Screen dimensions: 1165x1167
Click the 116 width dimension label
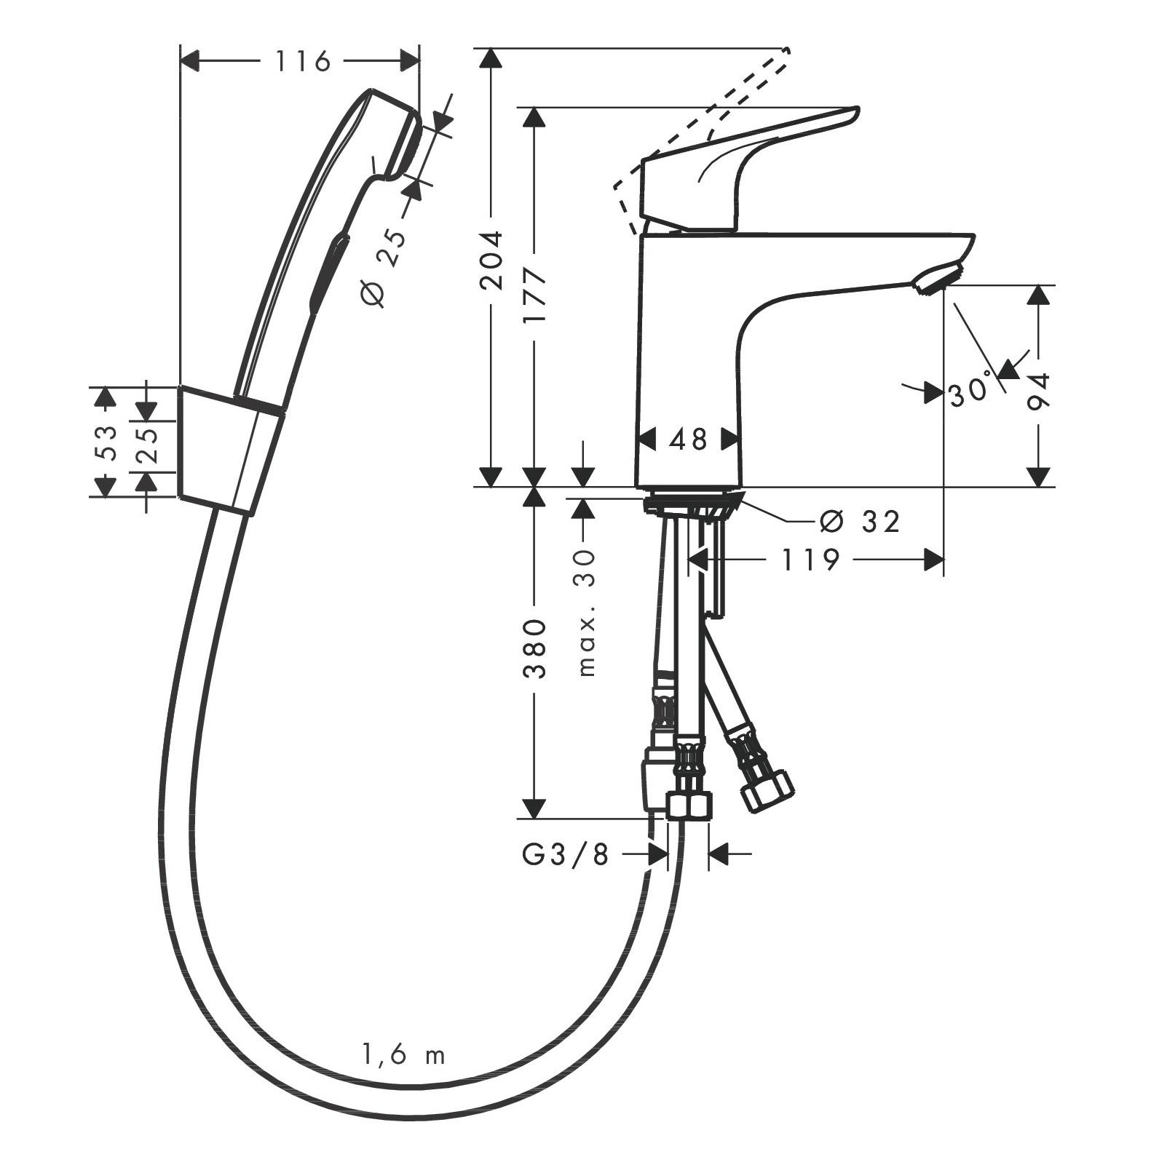click(x=302, y=62)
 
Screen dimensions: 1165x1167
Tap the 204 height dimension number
click(x=492, y=260)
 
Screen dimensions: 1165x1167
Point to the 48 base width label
click(x=689, y=439)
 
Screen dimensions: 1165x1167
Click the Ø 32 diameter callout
click(x=859, y=521)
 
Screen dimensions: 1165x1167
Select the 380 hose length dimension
click(x=535, y=648)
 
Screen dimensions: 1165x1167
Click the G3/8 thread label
click(x=565, y=855)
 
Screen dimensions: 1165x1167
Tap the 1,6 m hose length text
click(x=403, y=1054)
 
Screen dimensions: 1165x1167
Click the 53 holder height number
click(x=106, y=442)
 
